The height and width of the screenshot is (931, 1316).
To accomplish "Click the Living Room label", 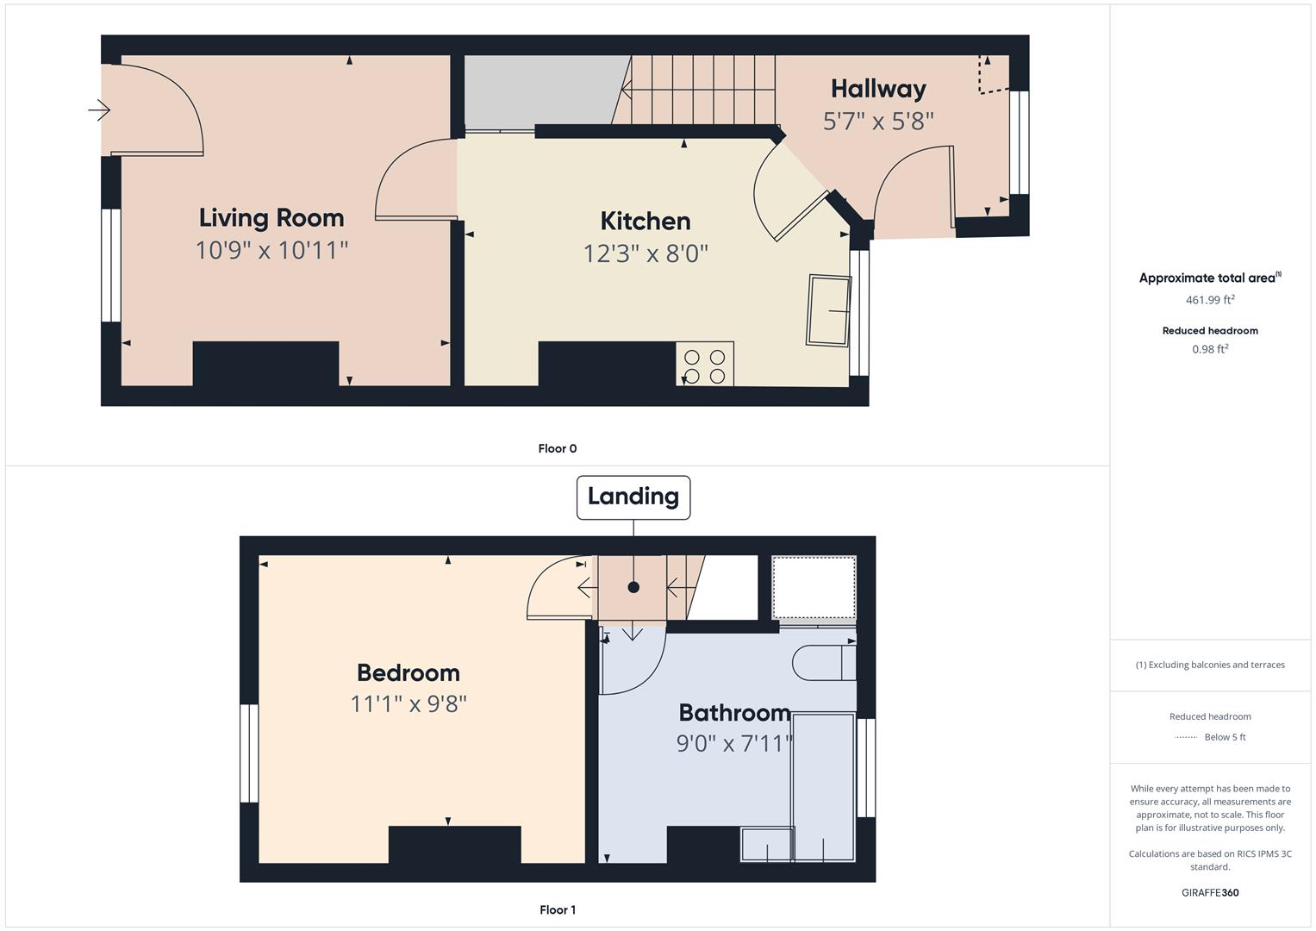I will pos(271,217).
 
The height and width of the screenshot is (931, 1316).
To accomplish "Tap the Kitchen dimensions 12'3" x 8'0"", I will pos(646,253).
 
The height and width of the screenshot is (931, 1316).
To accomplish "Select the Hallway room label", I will pos(878,89).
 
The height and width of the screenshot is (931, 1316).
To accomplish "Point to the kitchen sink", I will pos(828,310).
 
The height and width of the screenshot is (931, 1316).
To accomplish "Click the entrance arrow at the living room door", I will pos(99,110).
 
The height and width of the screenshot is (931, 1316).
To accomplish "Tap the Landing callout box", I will pos(633,497).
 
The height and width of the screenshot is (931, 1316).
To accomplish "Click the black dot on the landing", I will pos(633,587).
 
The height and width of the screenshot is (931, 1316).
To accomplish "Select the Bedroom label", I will pos(409,672).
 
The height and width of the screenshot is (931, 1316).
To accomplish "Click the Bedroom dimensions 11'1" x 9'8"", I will pos(409,703).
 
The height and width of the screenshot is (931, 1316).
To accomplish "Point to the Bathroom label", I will pos(734,712).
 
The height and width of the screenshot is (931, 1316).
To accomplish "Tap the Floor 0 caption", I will pos(558,448).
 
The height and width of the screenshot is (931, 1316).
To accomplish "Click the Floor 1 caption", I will pos(558,909).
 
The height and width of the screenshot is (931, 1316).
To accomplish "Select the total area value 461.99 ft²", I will pos(1210,300).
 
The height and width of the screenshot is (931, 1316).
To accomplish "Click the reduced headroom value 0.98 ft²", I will pos(1210,349).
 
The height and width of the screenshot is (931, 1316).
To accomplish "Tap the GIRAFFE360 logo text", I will pos(1210,892).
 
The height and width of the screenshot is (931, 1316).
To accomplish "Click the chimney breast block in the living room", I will pos(265,364).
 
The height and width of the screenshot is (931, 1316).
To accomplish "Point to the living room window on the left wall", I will pos(111,266).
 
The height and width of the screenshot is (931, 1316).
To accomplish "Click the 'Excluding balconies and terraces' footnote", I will pos(1210,665).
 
